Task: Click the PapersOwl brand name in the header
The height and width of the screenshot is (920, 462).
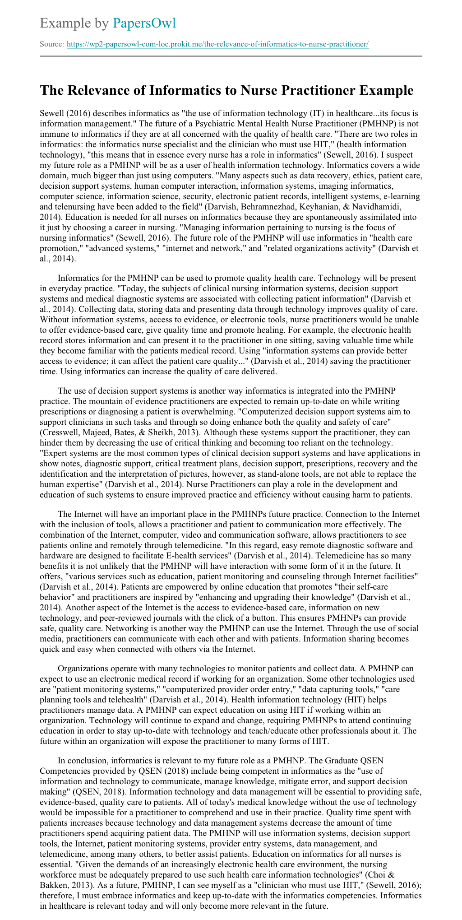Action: [x=144, y=23]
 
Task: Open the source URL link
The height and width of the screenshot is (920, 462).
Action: [x=217, y=44]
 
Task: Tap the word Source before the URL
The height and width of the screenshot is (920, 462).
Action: [x=51, y=44]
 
